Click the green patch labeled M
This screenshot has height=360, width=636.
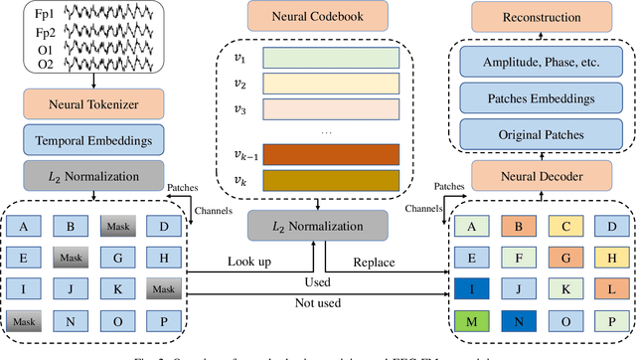(x=472, y=321)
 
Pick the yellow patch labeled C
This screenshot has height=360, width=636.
(x=566, y=225)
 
